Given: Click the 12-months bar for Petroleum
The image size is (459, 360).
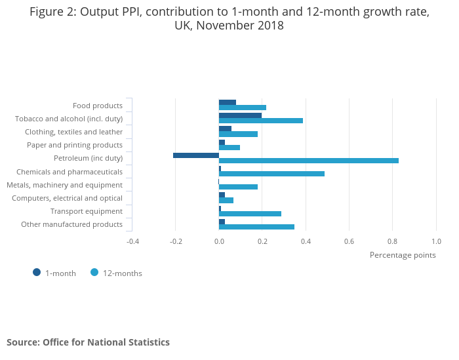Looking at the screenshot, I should pyautogui.click(x=308, y=160).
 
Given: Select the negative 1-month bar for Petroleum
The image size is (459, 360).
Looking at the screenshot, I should pyautogui.click(x=196, y=155).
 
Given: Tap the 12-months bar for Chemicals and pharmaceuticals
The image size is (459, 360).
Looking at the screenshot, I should pyautogui.click(x=271, y=174).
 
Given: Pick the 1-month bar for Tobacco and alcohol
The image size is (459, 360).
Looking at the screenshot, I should pyautogui.click(x=240, y=115).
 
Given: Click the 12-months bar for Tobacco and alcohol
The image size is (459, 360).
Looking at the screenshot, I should pyautogui.click(x=261, y=121).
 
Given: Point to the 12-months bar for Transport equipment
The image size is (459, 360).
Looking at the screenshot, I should pyautogui.click(x=250, y=214).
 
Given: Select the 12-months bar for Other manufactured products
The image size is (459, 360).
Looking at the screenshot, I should pyautogui.click(x=256, y=227).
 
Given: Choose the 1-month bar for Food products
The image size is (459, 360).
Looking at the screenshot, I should pyautogui.click(x=228, y=102).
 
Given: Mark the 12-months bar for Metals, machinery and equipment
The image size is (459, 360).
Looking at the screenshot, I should pyautogui.click(x=238, y=187).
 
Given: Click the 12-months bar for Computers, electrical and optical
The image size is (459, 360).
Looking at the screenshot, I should pyautogui.click(x=226, y=200).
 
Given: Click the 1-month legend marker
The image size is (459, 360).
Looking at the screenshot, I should pyautogui.click(x=37, y=272).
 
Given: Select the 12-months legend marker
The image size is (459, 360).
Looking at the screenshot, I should pyautogui.click(x=94, y=272).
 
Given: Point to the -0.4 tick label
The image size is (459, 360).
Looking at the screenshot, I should pyautogui.click(x=132, y=241).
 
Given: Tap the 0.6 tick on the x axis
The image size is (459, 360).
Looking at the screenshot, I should pyautogui.click(x=349, y=241).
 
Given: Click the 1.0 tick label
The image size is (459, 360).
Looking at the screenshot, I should pyautogui.click(x=436, y=241).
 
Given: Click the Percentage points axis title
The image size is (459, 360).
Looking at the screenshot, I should pyautogui.click(x=403, y=255).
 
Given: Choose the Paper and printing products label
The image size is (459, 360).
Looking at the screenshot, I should pyautogui.click(x=75, y=145).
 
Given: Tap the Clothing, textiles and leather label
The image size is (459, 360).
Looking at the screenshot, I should pyautogui.click(x=73, y=132).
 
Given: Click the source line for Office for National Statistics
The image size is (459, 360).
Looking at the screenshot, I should pyautogui.click(x=88, y=342).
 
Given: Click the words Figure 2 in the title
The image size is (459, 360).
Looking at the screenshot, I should pyautogui.click(x=52, y=12).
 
